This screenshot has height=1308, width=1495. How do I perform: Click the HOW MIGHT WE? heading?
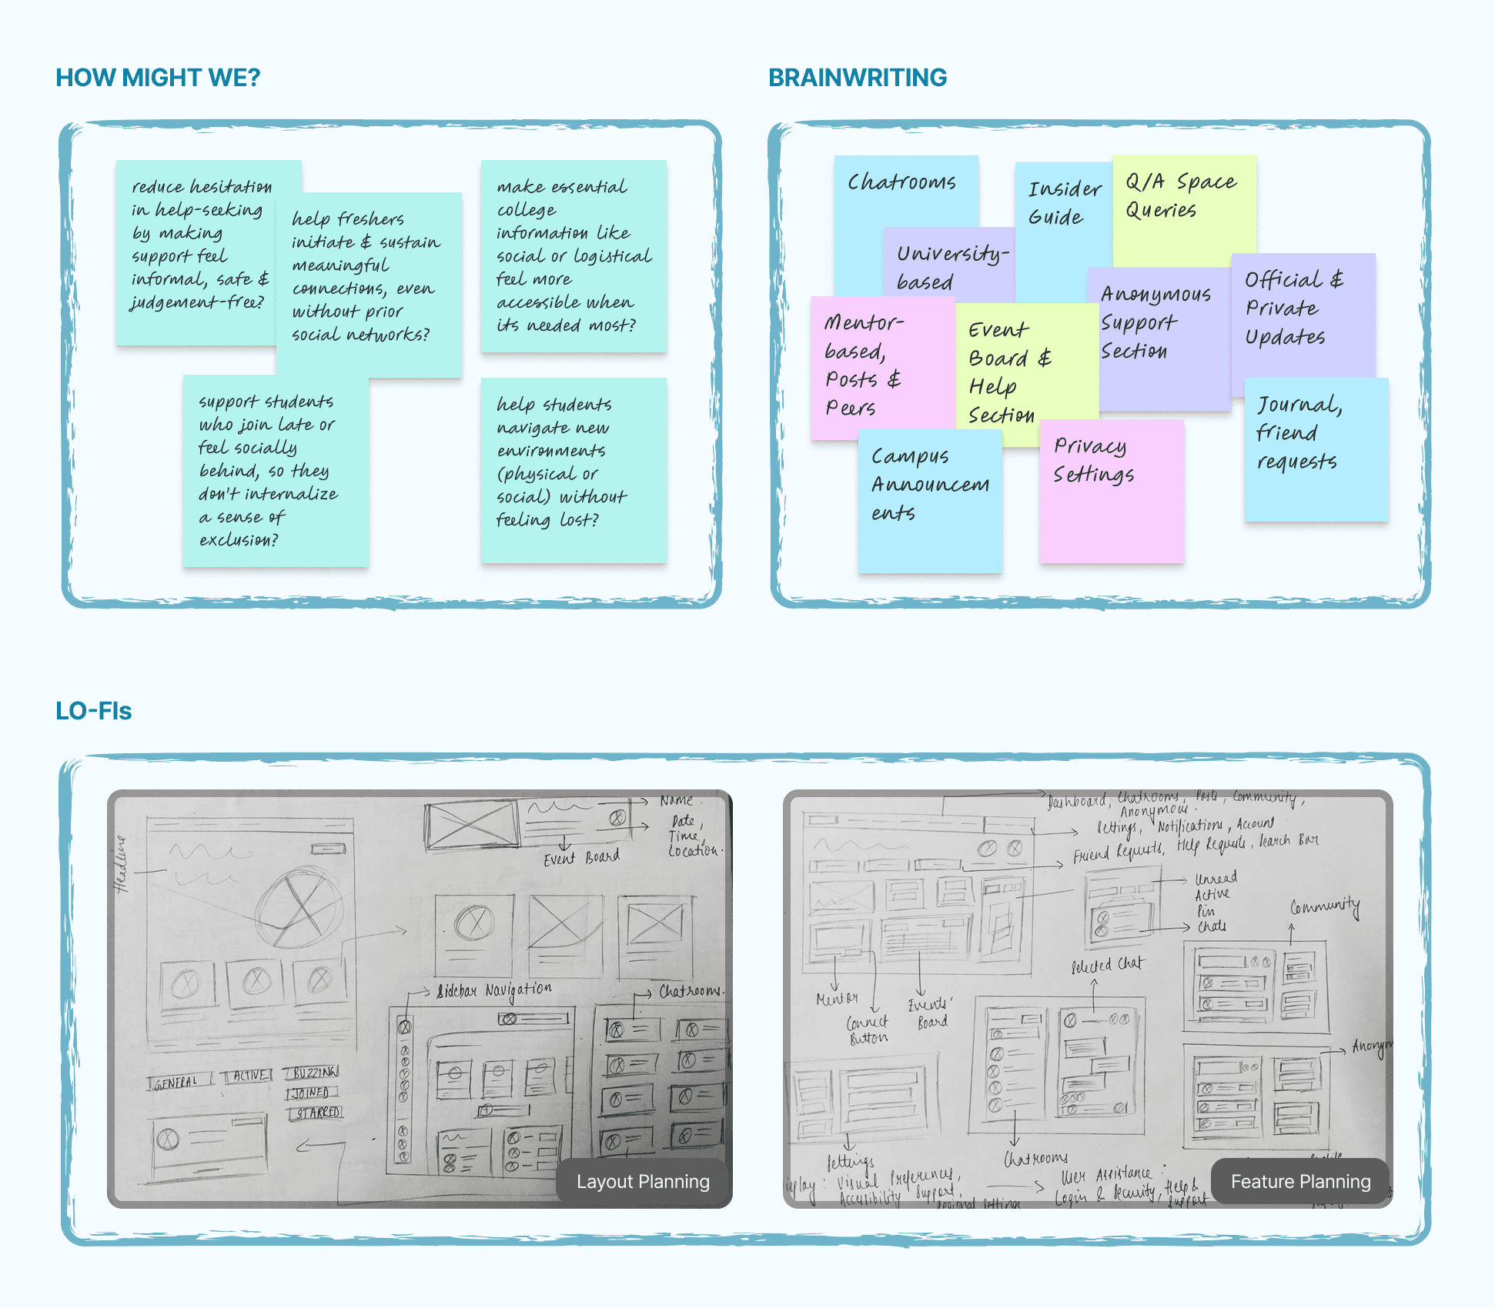pos(158,78)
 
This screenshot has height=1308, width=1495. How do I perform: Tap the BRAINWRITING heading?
pos(857,78)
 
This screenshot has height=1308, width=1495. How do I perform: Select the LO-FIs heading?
pos(93,711)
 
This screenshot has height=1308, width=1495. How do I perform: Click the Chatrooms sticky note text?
pos(901,182)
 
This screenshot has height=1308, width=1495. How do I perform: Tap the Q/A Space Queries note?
pos(1181,196)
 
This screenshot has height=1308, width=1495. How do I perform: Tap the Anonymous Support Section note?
pos(1155,323)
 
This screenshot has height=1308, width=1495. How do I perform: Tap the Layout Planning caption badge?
pos(643,1181)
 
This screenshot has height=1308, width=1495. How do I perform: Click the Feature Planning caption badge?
pos(1300,1181)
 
